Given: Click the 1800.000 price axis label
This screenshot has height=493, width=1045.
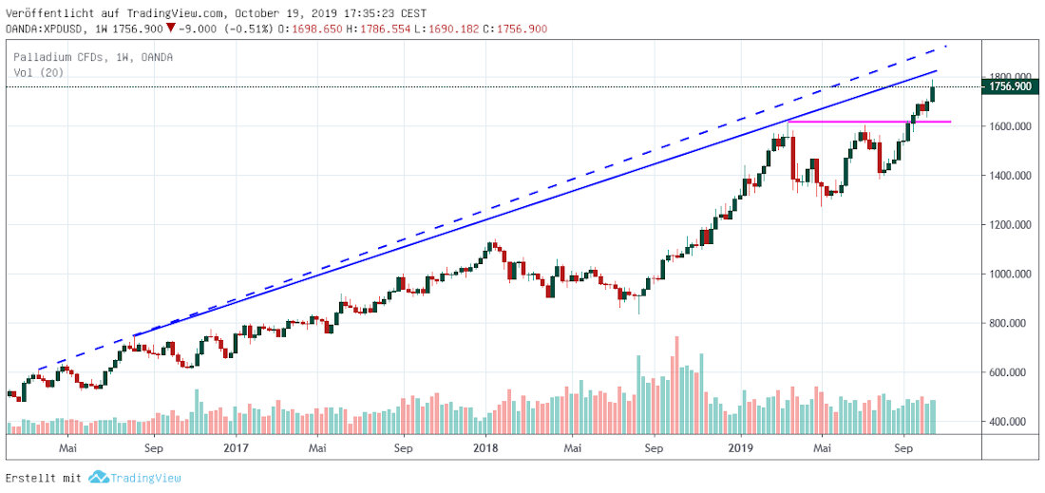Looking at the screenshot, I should (1009, 77).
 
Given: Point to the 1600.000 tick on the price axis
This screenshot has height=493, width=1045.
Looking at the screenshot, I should (1009, 126).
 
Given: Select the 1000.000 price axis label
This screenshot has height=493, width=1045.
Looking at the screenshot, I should (1009, 275).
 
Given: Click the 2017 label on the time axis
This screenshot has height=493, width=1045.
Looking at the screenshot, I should (234, 446).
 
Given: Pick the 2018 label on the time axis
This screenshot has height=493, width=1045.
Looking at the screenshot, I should (486, 446).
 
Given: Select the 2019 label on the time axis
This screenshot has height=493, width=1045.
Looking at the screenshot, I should (741, 446).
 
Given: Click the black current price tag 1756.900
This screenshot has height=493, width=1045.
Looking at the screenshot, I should (1011, 87).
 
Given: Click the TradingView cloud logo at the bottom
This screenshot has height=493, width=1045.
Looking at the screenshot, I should (98, 478).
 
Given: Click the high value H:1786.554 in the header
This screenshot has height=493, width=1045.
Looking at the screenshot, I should (378, 28).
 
